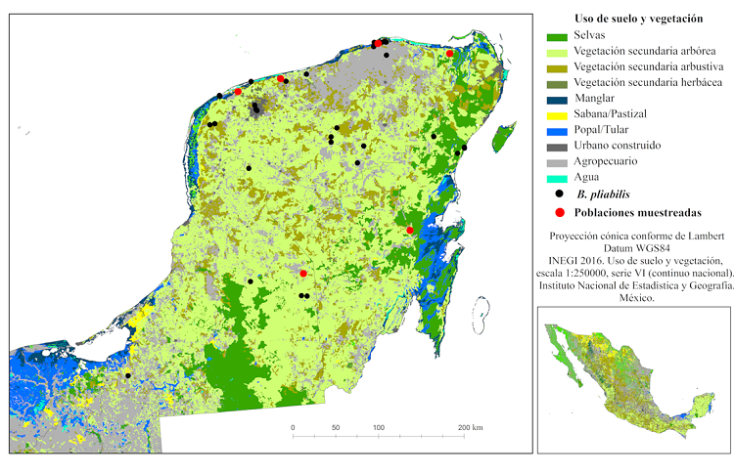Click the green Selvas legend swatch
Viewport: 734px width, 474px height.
coord(557,35)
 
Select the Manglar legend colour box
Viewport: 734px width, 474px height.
coord(557,99)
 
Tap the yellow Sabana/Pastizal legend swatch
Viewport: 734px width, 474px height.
coord(557,114)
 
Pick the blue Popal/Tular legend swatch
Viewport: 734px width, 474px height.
coord(557,130)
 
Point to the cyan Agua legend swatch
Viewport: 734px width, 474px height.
coord(557,178)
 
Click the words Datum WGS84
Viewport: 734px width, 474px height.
coord(633,248)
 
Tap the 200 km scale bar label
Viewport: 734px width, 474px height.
coord(470,428)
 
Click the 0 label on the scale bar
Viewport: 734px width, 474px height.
coord(293,428)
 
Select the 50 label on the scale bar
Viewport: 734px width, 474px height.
coord(336,428)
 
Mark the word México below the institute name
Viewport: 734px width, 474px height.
coord(633,300)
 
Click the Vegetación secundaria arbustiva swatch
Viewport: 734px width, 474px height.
coord(557,66)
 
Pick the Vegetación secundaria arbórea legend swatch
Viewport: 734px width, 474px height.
coord(557,51)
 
